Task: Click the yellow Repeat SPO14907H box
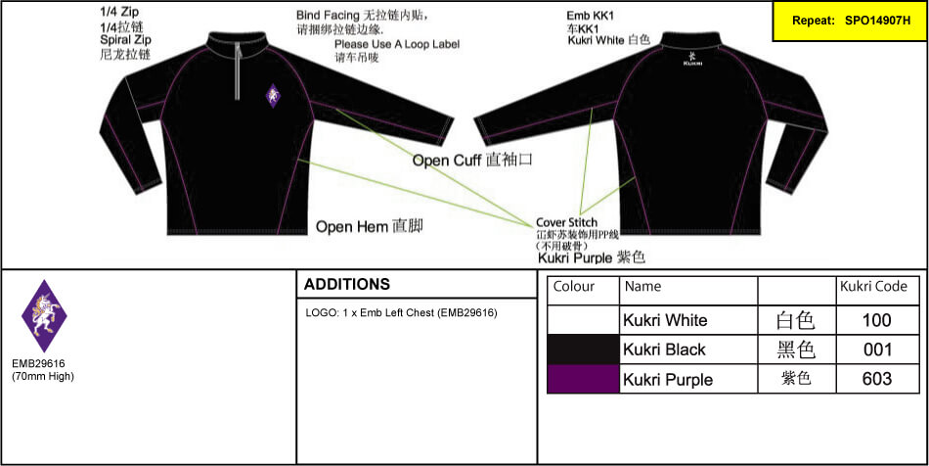coord(848,20)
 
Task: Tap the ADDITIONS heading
coord(347,285)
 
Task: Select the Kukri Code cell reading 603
coord(877,379)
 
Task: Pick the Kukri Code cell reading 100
coord(877,320)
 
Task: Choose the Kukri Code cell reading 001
coord(877,349)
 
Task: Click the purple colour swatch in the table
coord(584,379)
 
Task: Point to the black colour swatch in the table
coord(584,349)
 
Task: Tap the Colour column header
coord(574,287)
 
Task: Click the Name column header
coord(643,287)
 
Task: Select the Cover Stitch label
coord(566,223)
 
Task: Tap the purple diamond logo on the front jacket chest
coord(273,96)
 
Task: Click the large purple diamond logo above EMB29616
coord(44,317)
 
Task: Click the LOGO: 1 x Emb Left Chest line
coord(402,313)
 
